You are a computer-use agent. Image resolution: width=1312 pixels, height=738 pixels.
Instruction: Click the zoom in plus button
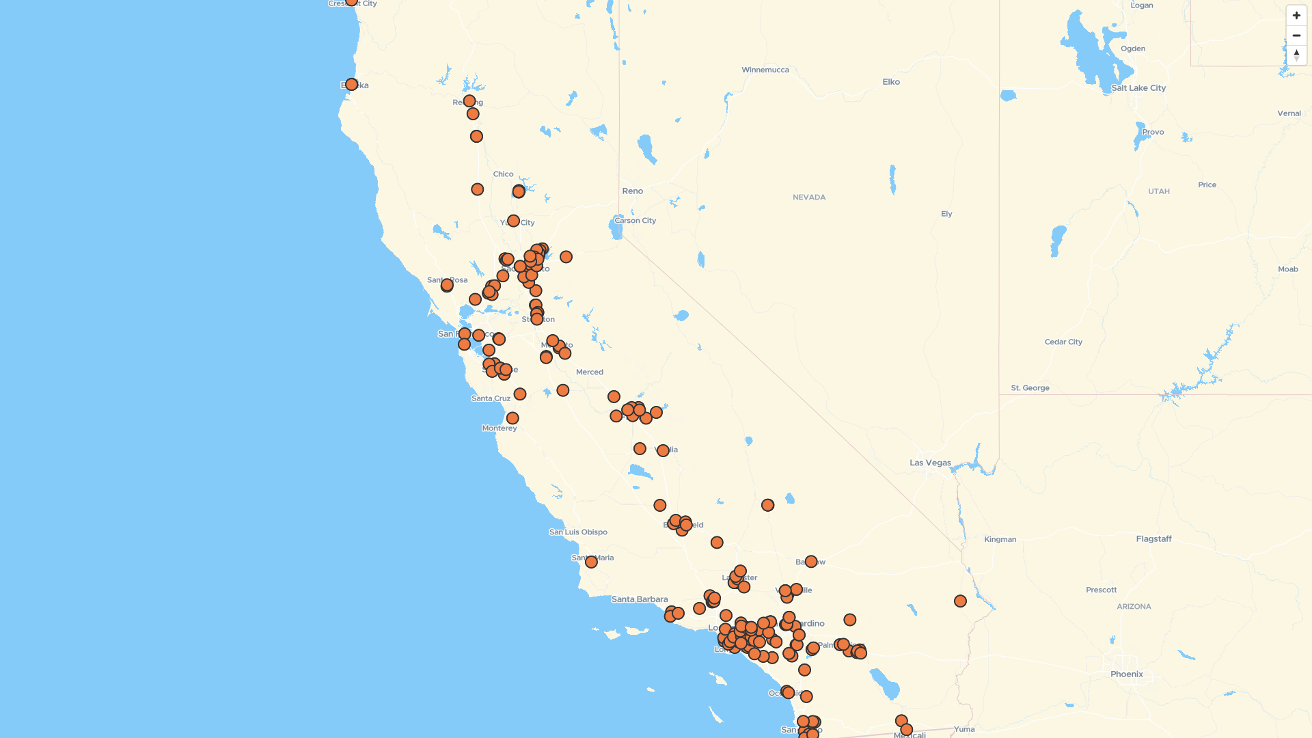point(1296,16)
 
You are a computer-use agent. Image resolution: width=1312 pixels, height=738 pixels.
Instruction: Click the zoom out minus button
point(1296,36)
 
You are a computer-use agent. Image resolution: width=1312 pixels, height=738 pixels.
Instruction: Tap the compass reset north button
point(1296,55)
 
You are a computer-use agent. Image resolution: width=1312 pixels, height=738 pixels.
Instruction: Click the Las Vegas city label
point(930,463)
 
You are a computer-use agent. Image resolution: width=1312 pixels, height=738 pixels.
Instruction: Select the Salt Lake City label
point(1138,88)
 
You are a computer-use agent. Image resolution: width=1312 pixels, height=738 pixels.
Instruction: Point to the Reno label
point(632,191)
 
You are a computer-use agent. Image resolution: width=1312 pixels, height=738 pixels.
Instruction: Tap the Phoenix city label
point(1126,674)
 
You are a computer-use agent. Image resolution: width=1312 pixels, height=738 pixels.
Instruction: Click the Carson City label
point(635,221)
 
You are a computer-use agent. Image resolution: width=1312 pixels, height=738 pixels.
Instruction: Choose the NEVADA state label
point(809,197)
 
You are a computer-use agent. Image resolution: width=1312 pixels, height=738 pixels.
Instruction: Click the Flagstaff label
point(1153,539)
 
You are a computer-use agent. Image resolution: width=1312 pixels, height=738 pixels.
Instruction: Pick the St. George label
point(1030,388)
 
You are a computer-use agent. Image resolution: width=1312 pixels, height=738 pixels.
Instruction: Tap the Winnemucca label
point(765,70)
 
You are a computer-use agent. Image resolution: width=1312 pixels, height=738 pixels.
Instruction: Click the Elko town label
point(891,82)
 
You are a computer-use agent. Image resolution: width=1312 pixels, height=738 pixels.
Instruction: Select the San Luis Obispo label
point(578,532)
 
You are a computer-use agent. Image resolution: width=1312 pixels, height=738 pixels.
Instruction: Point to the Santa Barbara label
point(640,599)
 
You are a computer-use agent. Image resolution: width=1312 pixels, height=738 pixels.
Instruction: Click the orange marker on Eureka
point(351,85)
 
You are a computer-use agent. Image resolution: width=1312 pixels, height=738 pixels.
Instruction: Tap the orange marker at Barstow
point(811,562)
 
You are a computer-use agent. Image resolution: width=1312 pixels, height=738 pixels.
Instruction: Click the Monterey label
point(500,428)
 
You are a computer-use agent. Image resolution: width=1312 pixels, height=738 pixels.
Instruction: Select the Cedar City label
point(1063,342)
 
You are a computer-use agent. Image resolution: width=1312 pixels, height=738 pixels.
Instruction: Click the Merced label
point(590,372)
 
